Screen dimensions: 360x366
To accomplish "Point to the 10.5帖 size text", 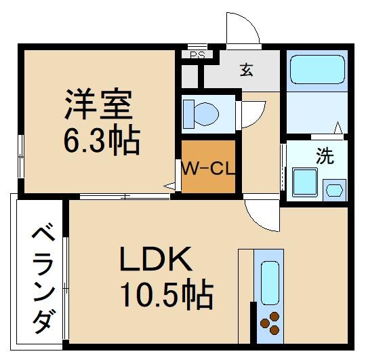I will (x=167, y=296).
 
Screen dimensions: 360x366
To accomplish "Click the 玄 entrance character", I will (x=247, y=70).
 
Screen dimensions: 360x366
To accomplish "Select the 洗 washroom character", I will (x=325, y=157).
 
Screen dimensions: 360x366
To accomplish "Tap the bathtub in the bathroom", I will (x=318, y=70).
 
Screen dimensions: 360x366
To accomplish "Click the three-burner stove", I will (x=270, y=323).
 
